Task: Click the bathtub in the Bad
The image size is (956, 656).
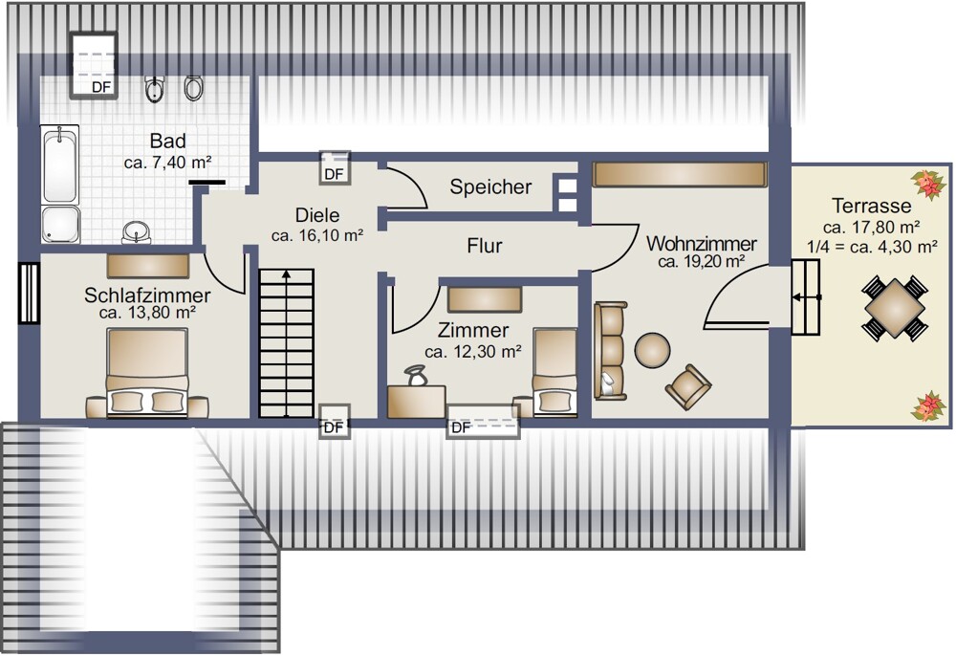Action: [59, 164]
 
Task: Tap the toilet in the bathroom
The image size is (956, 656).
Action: [193, 88]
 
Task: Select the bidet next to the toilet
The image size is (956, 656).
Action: [155, 89]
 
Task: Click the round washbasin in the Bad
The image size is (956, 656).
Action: [137, 232]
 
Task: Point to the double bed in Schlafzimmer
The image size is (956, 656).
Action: [147, 373]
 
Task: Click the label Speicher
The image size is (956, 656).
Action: [490, 186]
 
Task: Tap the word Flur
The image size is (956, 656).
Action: [485, 246]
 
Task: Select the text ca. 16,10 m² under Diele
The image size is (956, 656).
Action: [317, 235]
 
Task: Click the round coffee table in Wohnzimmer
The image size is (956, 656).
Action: [652, 350]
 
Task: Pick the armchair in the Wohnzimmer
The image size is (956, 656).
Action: [688, 386]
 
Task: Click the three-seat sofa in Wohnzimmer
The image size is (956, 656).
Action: [610, 351]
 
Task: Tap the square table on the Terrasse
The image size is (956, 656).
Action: [895, 309]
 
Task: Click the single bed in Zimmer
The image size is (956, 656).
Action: [554, 372]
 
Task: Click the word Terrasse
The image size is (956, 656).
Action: [872, 206]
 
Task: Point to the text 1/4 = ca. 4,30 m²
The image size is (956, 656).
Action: [872, 247]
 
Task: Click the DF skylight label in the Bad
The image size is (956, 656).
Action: [101, 87]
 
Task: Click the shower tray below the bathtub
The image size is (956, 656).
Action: [60, 225]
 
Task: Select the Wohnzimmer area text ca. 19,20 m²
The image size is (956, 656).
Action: [701, 262]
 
